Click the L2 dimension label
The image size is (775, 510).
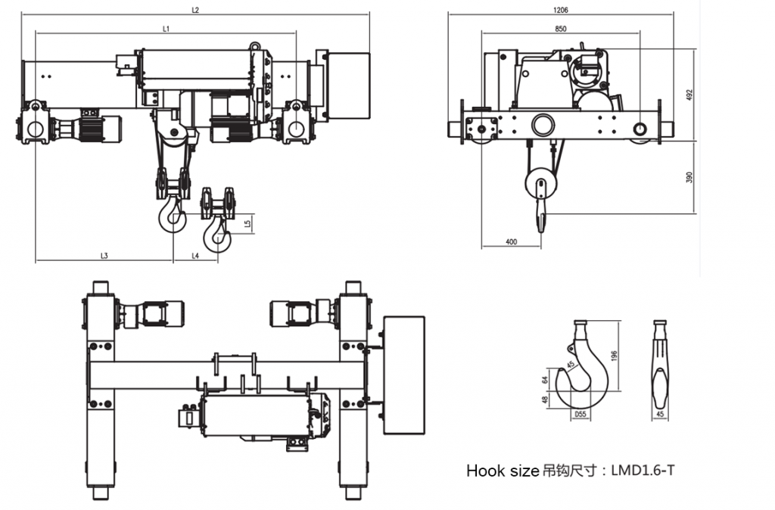[195, 10]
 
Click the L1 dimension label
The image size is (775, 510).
[166, 29]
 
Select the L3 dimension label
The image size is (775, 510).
[104, 256]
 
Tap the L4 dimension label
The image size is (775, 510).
[195, 256]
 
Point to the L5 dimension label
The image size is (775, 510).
[247, 224]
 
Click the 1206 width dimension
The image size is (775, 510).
[561, 10]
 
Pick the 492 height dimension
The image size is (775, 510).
[689, 95]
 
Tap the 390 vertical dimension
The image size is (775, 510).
[689, 177]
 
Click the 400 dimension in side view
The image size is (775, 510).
[511, 242]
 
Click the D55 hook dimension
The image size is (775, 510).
[580, 415]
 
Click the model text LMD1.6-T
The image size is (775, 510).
[643, 471]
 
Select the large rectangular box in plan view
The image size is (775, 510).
[404, 375]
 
